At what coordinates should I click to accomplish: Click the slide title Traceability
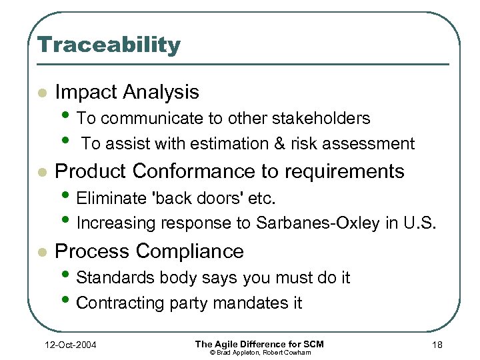click(109, 45)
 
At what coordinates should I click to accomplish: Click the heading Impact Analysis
click(127, 92)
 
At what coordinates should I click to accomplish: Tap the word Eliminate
click(109, 198)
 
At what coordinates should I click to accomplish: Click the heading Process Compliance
click(149, 251)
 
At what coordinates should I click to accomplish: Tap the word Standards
click(113, 277)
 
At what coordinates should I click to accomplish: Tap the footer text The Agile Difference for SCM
click(259, 343)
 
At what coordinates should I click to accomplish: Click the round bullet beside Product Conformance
click(42, 172)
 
